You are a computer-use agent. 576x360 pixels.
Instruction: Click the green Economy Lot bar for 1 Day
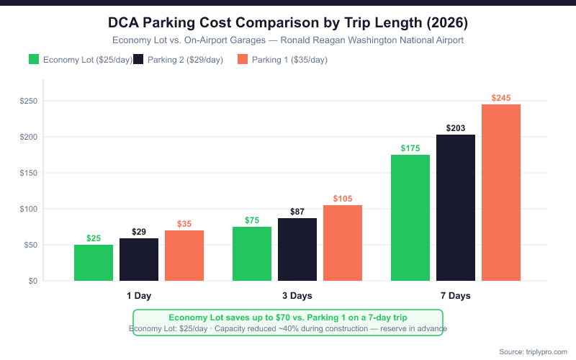[94, 263]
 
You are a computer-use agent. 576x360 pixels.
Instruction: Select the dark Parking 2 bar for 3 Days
[297, 249]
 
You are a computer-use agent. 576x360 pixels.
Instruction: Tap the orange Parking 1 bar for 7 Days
[501, 193]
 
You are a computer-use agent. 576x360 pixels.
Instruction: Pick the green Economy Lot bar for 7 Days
[410, 217]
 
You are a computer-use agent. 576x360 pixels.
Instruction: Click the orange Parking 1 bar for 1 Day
[184, 256]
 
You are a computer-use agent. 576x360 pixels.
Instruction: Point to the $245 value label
[501, 98]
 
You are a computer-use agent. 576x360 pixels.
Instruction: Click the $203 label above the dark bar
[456, 128]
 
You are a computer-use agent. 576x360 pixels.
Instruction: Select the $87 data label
[297, 212]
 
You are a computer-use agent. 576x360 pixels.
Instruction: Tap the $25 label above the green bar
[94, 238]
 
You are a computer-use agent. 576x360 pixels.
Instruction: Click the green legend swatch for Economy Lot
[34, 59]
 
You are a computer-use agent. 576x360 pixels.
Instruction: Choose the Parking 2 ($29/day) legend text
[185, 59]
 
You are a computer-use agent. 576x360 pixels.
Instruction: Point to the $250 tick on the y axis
[29, 101]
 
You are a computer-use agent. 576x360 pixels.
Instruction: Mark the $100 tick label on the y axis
[29, 209]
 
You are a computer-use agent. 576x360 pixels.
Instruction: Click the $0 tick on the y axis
[33, 281]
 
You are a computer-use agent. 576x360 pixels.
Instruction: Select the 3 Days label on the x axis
[297, 296]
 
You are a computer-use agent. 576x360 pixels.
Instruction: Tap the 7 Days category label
[456, 296]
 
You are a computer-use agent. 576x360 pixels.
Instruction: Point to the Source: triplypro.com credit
[534, 351]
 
